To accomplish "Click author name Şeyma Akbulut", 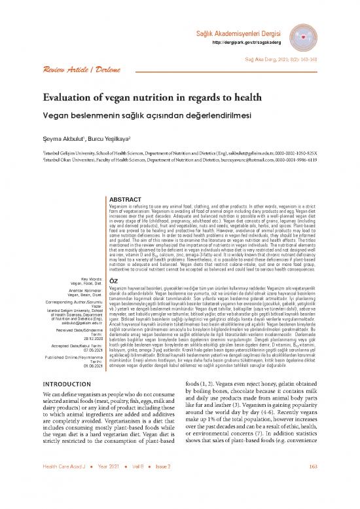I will [x=67, y=138].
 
